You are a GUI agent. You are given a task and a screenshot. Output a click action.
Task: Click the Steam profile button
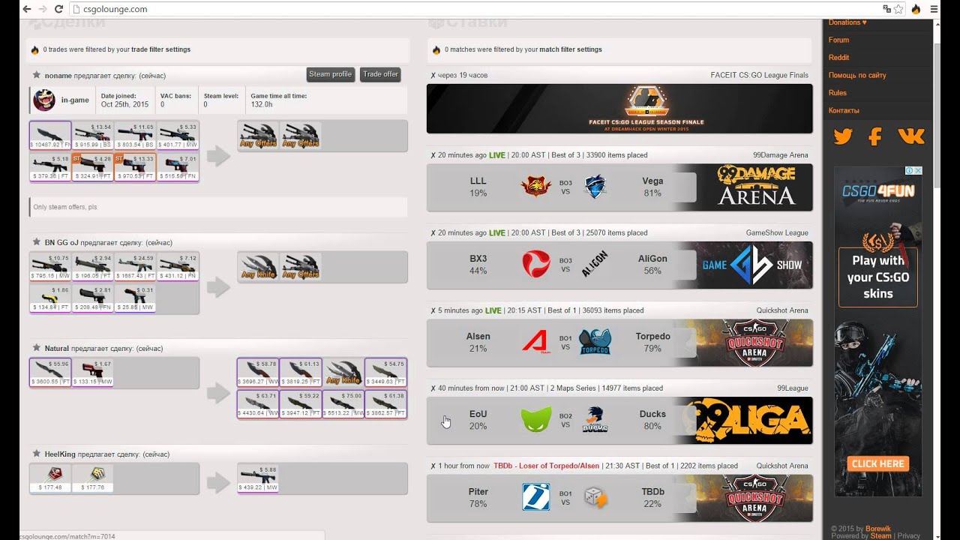tap(330, 74)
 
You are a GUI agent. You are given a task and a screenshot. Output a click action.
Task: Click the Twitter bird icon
tap(843, 136)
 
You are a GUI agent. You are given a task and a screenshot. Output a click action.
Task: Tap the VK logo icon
tap(910, 136)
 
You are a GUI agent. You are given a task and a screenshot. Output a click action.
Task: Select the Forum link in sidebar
tap(838, 40)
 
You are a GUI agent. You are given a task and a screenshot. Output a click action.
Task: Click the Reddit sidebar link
tap(838, 57)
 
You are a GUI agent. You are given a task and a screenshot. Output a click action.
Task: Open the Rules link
tap(837, 93)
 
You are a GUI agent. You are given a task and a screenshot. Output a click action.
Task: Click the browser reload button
tap(58, 9)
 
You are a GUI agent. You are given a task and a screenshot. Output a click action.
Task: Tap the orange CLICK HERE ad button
tap(877, 463)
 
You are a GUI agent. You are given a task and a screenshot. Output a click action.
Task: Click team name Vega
tap(652, 181)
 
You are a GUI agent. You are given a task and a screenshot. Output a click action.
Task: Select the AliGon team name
tap(652, 259)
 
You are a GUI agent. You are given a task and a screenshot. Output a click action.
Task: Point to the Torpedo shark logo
tap(595, 342)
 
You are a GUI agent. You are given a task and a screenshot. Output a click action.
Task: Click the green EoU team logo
tap(536, 419)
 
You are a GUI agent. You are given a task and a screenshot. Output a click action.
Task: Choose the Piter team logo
tap(536, 497)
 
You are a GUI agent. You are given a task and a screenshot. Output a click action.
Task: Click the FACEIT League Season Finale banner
tap(619, 109)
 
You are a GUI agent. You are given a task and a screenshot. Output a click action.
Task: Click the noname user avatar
tap(44, 100)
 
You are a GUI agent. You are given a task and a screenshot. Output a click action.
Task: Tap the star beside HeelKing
tap(36, 454)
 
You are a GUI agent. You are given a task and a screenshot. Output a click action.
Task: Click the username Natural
tap(56, 348)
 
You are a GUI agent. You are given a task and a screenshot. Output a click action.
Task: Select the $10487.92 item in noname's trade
tap(50, 135)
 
